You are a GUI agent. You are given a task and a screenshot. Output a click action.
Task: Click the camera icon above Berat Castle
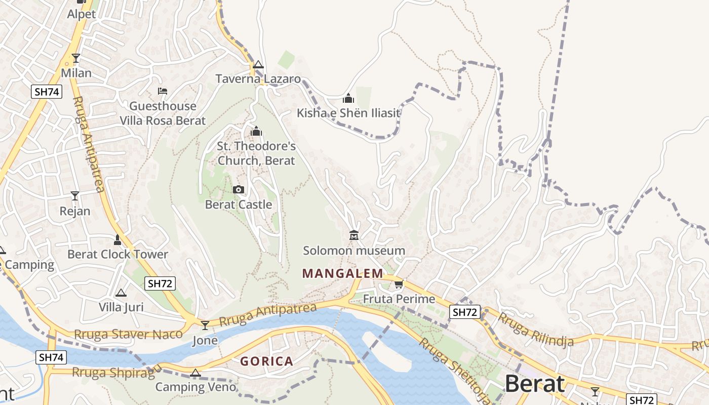coord(238,190)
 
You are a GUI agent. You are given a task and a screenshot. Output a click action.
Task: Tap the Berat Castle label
coord(239,205)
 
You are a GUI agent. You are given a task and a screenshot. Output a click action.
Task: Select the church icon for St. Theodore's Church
coord(256,132)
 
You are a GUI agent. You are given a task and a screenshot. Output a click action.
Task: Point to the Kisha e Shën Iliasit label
coord(348,113)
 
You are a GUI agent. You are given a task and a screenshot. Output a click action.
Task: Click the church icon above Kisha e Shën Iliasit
coord(348,98)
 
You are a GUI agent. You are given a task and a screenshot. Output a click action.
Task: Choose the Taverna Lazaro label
coord(258,79)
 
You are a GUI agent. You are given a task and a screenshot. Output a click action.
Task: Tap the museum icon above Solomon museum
coord(354,235)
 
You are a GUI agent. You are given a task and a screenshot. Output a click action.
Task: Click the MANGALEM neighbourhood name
coord(343,274)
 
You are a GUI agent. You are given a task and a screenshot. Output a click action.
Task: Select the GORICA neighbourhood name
coord(266,361)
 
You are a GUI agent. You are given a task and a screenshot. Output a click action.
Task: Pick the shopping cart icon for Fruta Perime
coord(399,284)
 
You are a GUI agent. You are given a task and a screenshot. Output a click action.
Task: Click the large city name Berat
coord(534,384)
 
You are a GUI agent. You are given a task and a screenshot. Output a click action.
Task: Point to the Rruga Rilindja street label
coord(536,330)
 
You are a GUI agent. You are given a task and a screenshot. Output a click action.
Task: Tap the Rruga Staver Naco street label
coord(128,335)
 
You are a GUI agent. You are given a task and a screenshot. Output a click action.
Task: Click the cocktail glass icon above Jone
coord(205,325)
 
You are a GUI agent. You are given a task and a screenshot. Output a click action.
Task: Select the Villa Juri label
coord(121,307)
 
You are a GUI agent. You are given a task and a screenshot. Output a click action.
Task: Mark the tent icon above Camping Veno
coord(195,374)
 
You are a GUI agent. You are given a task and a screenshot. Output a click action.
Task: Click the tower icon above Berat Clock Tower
coord(117,239)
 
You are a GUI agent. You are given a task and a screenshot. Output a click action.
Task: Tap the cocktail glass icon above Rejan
coord(75,196)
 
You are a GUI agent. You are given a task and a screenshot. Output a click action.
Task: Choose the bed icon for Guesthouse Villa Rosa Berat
coord(163,91)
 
